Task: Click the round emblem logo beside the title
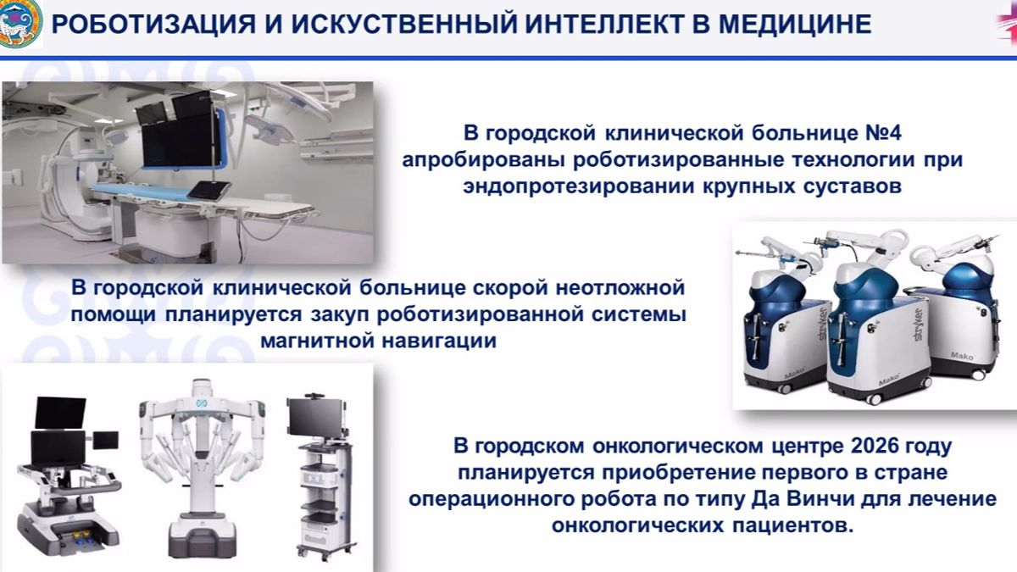coord(19,24)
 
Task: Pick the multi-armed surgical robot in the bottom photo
coord(200,466)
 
